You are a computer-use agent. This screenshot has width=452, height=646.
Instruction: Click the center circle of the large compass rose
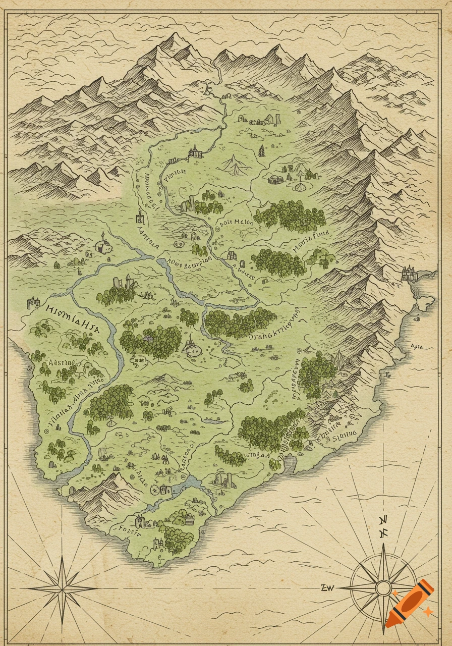click(x=383, y=587)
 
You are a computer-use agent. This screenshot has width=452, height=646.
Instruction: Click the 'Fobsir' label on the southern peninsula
click(x=123, y=530)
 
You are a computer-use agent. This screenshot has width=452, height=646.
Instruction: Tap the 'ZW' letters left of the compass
click(x=328, y=586)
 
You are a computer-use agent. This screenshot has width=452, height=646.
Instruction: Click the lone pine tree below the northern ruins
click(x=261, y=150)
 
